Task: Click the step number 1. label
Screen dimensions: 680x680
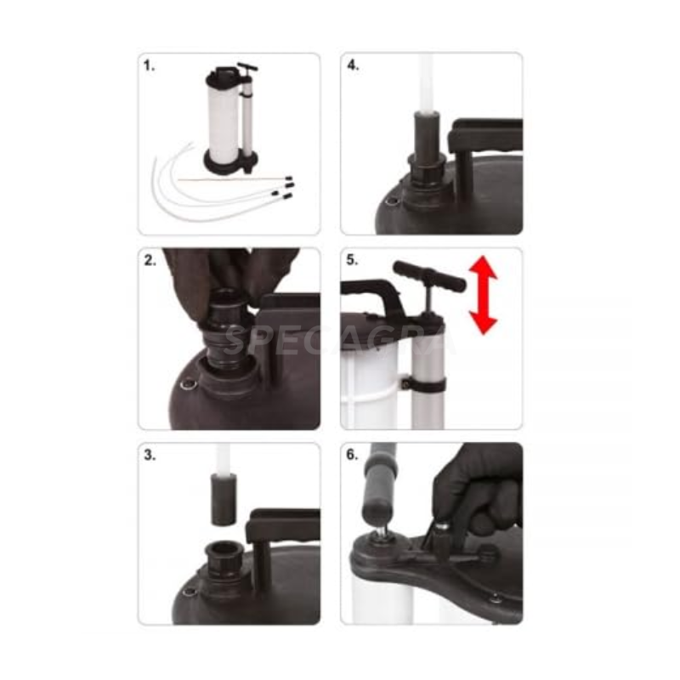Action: click(149, 66)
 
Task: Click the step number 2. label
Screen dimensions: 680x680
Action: click(150, 260)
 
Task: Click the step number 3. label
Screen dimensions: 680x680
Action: click(150, 455)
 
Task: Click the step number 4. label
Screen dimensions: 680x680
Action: click(353, 65)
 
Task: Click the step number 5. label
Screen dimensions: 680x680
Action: click(352, 260)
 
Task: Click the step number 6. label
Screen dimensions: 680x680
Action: click(352, 455)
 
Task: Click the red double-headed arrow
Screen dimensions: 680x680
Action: click(483, 295)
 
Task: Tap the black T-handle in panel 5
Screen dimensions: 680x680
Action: click(429, 278)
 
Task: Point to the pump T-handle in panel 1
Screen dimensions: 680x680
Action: click(247, 68)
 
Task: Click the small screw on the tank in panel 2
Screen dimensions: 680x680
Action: click(188, 384)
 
